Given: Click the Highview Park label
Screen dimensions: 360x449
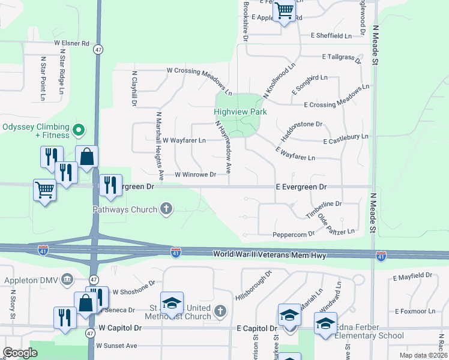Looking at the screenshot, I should tap(240, 112).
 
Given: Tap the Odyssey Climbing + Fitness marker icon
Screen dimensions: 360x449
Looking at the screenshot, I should tap(78, 130).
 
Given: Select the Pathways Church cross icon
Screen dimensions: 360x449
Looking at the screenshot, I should tap(166, 209).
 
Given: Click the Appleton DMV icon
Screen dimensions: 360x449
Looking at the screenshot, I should tap(67, 279).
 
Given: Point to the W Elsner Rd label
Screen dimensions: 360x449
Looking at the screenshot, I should tap(71, 43).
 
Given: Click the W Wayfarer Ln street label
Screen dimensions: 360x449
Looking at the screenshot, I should tap(184, 140).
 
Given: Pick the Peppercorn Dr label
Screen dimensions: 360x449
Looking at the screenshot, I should tap(294, 234).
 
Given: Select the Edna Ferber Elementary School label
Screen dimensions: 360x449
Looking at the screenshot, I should tap(369, 332).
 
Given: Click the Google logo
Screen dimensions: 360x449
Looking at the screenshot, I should tap(20, 352).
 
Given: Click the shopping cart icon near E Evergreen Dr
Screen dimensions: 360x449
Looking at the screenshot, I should tap(45, 190).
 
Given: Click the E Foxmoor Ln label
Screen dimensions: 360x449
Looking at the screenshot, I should tap(415, 311).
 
